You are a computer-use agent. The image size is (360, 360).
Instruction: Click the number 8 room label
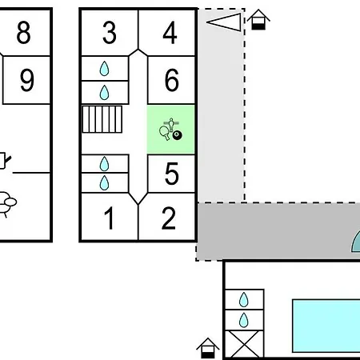[x=23, y=33]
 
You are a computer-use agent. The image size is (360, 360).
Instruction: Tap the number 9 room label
[x=27, y=80]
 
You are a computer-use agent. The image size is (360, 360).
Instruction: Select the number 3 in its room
[x=110, y=33]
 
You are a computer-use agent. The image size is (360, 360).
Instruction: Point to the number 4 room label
[x=170, y=33]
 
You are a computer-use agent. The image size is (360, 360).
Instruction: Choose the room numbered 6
[x=172, y=80]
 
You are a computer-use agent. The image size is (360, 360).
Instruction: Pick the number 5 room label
[x=172, y=174]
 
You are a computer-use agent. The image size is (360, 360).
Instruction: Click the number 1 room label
[x=110, y=218]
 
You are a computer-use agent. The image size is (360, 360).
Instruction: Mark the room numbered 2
[x=169, y=218]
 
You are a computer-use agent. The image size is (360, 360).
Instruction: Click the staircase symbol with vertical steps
[x=102, y=119]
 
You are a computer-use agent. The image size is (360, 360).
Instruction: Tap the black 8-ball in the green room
[x=178, y=135]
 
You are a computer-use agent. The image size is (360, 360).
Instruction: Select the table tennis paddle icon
[x=164, y=133]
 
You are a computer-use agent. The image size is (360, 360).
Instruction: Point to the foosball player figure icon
[x=171, y=124]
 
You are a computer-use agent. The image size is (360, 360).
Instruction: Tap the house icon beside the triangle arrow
[x=258, y=19]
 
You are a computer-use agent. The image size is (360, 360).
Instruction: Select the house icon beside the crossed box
[x=208, y=348]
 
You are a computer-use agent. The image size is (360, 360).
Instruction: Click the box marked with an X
[x=245, y=344]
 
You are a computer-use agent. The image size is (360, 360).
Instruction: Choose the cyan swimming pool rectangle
[x=326, y=326]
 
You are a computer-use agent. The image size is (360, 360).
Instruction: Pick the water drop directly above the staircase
[x=104, y=93]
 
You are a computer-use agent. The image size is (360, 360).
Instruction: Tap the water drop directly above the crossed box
[x=243, y=320]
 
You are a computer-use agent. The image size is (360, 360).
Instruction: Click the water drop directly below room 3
[x=104, y=69]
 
